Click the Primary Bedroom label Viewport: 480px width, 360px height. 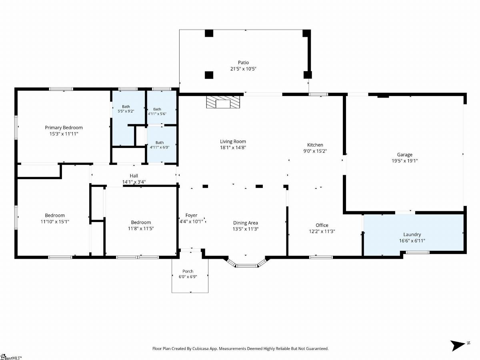tap(64, 128)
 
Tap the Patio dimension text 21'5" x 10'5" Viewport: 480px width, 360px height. tap(243, 69)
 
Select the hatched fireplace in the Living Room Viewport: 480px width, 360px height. tap(223, 102)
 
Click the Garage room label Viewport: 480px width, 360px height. tap(404, 155)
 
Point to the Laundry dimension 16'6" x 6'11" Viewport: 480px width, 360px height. tap(412, 241)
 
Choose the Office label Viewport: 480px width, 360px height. tap(322, 225)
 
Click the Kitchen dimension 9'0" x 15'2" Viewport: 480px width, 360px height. tap(315, 151)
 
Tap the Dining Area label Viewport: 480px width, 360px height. tap(245, 223)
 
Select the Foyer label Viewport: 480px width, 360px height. tap(191, 215)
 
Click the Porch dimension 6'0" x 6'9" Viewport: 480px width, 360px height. tap(188, 277)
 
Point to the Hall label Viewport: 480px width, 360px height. tap(134, 176)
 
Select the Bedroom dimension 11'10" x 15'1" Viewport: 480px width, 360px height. tap(55, 222)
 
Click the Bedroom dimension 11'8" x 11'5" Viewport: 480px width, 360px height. tap(141, 229)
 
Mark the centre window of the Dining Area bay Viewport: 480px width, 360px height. tap(247, 266)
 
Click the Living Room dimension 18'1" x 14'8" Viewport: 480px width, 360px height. tap(233, 148)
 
